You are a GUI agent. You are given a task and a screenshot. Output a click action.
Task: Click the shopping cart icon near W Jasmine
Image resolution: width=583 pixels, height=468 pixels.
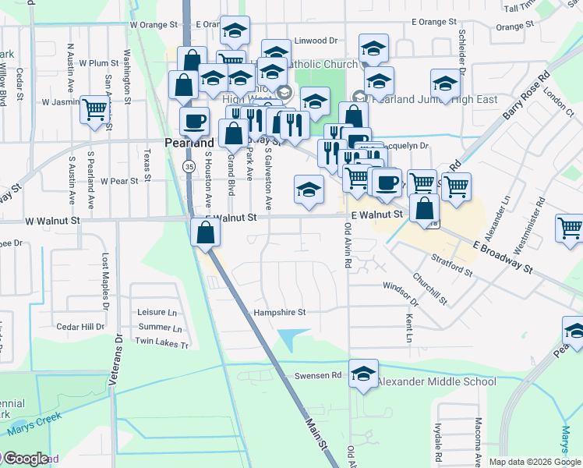coord(94,110)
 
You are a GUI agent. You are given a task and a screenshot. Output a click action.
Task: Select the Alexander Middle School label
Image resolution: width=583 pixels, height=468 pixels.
coord(436,381)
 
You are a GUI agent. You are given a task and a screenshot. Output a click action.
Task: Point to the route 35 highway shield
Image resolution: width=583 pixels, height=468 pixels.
coord(189,167)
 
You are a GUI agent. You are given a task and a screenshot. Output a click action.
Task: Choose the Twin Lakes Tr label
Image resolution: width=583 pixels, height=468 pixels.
coord(162,343)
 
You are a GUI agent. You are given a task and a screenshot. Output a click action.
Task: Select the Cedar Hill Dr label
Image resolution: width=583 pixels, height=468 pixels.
coord(80,327)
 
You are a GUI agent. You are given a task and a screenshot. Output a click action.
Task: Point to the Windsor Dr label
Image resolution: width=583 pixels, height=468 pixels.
coord(401,293)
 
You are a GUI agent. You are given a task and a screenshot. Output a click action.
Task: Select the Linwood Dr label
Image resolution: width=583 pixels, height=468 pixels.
coord(316,40)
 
